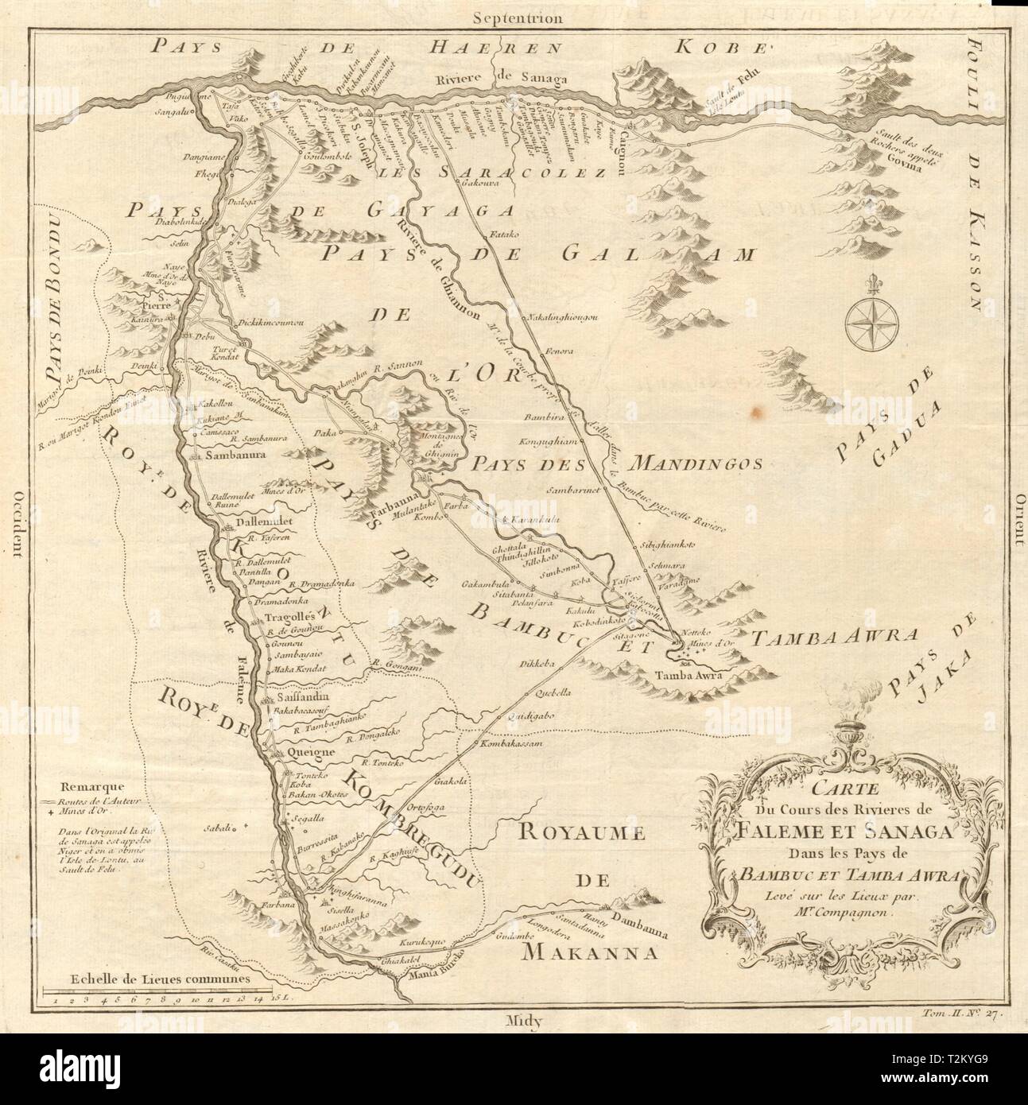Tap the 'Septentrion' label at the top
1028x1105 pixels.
click(x=516, y=17)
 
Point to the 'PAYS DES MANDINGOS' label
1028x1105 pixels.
click(x=615, y=463)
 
